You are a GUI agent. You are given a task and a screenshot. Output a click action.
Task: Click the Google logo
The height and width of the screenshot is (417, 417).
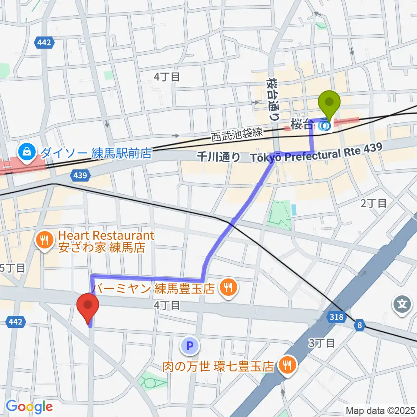pos(29,407)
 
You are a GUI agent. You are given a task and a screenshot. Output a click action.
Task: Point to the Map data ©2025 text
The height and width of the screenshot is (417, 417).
pos(381,410)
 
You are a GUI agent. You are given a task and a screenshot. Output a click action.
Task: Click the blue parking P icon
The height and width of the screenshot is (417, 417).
pos(189,346)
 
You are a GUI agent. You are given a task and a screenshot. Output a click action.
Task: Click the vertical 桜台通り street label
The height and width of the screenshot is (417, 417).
pos(272,99)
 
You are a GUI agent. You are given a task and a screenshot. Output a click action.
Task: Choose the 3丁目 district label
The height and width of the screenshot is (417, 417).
pos(321,343)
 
